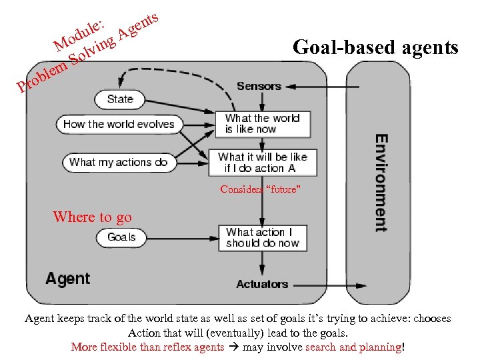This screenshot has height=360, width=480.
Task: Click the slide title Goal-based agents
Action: (375, 48)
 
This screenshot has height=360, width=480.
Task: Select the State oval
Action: (120, 99)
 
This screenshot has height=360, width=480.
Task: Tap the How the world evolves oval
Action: (119, 124)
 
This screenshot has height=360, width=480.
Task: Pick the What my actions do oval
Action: (119, 162)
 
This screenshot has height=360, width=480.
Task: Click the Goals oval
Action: (121, 237)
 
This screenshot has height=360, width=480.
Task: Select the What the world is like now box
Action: (262, 123)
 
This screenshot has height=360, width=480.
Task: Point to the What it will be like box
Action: (263, 162)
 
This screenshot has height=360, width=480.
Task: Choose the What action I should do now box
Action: (263, 237)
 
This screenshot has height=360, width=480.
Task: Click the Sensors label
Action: (259, 86)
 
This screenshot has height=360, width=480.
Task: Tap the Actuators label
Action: (262, 284)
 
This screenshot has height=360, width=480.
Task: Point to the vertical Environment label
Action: (381, 183)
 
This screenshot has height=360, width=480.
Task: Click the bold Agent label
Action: (67, 278)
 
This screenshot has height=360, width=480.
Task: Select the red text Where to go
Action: (92, 217)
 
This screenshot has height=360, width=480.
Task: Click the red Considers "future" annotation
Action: (261, 190)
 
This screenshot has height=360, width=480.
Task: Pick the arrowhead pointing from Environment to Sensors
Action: (291, 87)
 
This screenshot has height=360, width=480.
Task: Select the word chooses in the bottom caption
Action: (432, 319)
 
